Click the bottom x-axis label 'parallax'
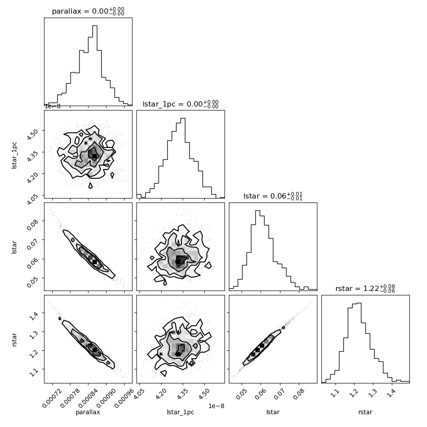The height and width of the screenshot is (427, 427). [88, 412]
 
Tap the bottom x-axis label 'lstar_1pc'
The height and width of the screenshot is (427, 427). [180, 412]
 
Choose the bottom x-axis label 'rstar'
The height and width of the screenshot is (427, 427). [365, 412]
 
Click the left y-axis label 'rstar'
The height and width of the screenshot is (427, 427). [15, 339]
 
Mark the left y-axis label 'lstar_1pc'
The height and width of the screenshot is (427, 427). [15, 155]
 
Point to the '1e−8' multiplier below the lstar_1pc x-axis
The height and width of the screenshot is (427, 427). [216, 406]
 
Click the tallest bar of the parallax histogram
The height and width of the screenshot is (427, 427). [95, 65]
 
